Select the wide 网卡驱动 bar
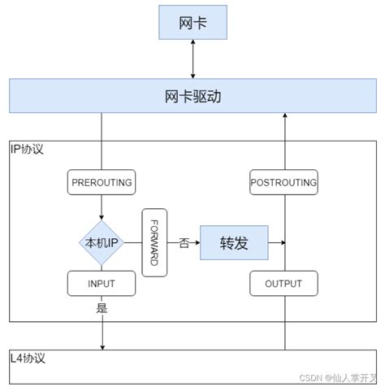click(192, 96)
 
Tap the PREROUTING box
click(102, 182)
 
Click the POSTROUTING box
click(283, 182)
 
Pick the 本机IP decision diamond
click(102, 242)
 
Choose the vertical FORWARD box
click(154, 242)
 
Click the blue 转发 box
click(234, 242)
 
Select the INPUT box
click(102, 284)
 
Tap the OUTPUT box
click(283, 284)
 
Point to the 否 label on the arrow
click(184, 243)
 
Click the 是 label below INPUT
click(102, 307)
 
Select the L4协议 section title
click(28, 359)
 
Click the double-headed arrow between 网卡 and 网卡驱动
click(192, 59)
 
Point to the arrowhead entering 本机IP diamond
click(102, 217)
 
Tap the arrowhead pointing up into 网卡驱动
click(284, 117)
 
